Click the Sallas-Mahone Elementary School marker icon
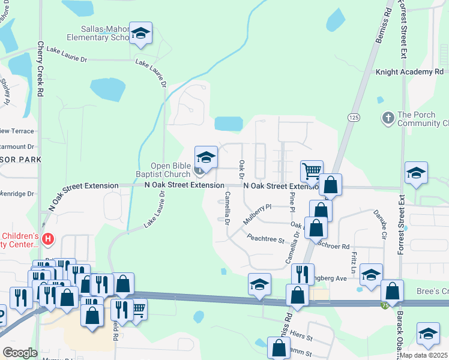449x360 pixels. coord(140,35)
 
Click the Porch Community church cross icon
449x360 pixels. coord(388,118)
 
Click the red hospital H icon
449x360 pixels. coord(48,240)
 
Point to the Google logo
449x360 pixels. coord(20,353)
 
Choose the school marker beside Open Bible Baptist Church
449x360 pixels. coord(206,158)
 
